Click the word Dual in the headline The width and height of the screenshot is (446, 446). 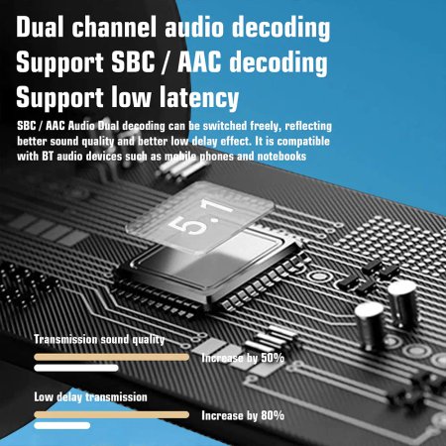(x=40, y=27)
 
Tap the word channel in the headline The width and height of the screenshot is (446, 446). (x=114, y=27)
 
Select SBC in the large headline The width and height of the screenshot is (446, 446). (x=133, y=61)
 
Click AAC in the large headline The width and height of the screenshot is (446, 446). (x=199, y=61)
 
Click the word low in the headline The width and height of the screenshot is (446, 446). (x=131, y=97)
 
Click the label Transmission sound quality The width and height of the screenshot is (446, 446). (x=99, y=339)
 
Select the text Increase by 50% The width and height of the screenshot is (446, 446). (x=243, y=358)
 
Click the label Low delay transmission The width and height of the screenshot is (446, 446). (x=90, y=396)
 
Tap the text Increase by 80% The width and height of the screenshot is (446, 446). (x=243, y=415)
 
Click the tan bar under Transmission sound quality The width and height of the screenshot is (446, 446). (x=112, y=357)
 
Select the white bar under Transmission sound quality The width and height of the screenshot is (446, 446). (x=76, y=368)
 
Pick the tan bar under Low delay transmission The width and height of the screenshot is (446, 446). (x=112, y=414)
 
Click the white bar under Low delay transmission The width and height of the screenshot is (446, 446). (x=62, y=425)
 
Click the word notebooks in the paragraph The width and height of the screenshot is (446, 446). (x=281, y=156)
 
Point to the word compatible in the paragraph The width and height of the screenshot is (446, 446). (x=303, y=142)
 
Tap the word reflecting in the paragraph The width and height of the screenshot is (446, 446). (x=308, y=126)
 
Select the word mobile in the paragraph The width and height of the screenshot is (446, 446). (x=180, y=156)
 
